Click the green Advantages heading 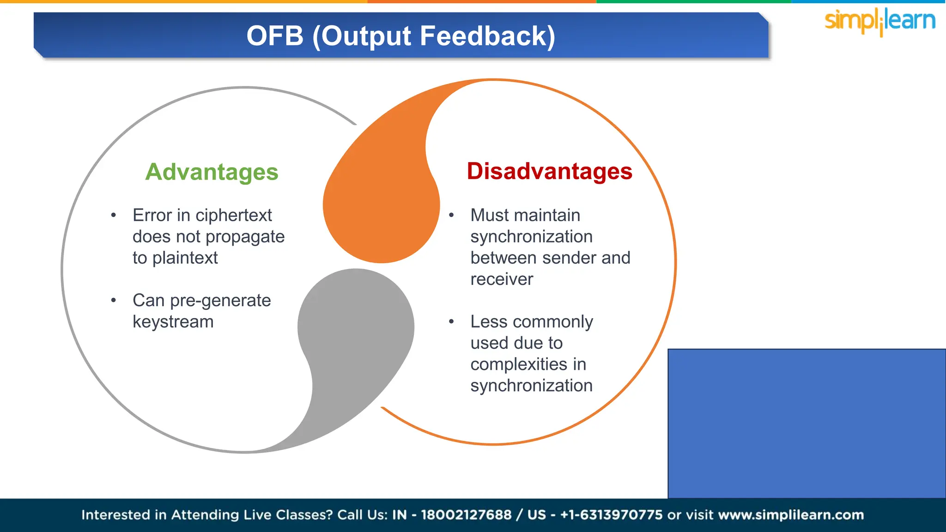[x=212, y=172]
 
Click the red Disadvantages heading [x=549, y=171]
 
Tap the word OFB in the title [x=275, y=36]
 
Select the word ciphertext [x=234, y=215]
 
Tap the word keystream [x=173, y=322]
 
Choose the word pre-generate [x=220, y=301]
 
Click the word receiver [x=502, y=279]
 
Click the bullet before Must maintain [x=451, y=215]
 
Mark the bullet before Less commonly [x=451, y=321]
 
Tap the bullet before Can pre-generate [x=114, y=300]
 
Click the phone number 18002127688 [x=466, y=514]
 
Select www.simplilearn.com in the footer [x=791, y=514]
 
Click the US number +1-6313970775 [x=611, y=514]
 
